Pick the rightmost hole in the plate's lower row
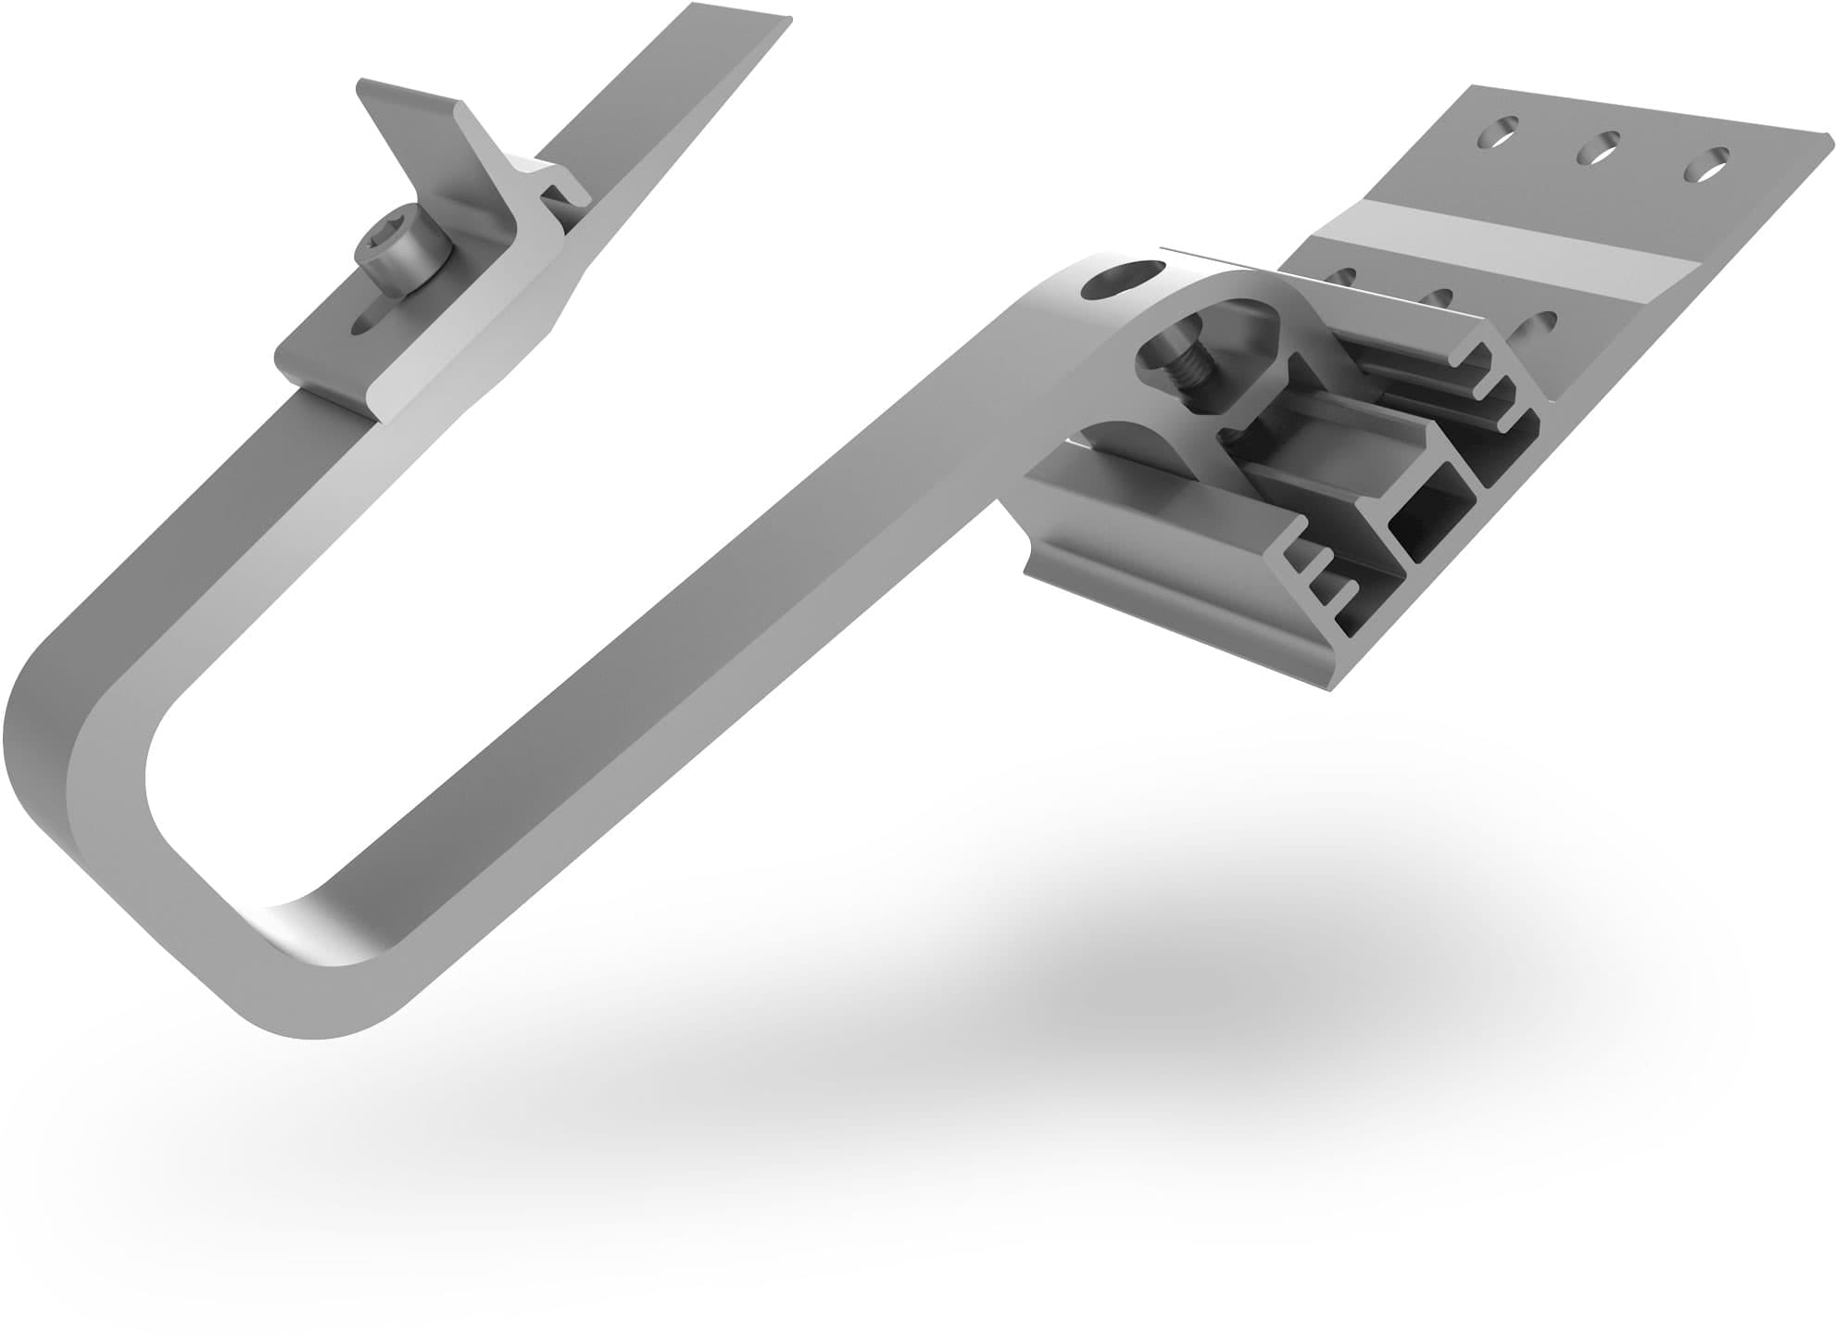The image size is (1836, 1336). click(x=1539, y=325)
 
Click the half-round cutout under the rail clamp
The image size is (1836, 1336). click(x=1130, y=435)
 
